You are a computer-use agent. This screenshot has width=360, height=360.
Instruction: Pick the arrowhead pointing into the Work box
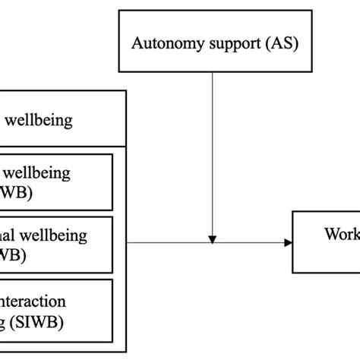[x=288, y=242]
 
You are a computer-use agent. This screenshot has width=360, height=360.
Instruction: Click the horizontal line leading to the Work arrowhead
[x=175, y=242]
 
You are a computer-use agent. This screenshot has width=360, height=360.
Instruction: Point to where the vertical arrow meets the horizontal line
[x=213, y=242]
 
